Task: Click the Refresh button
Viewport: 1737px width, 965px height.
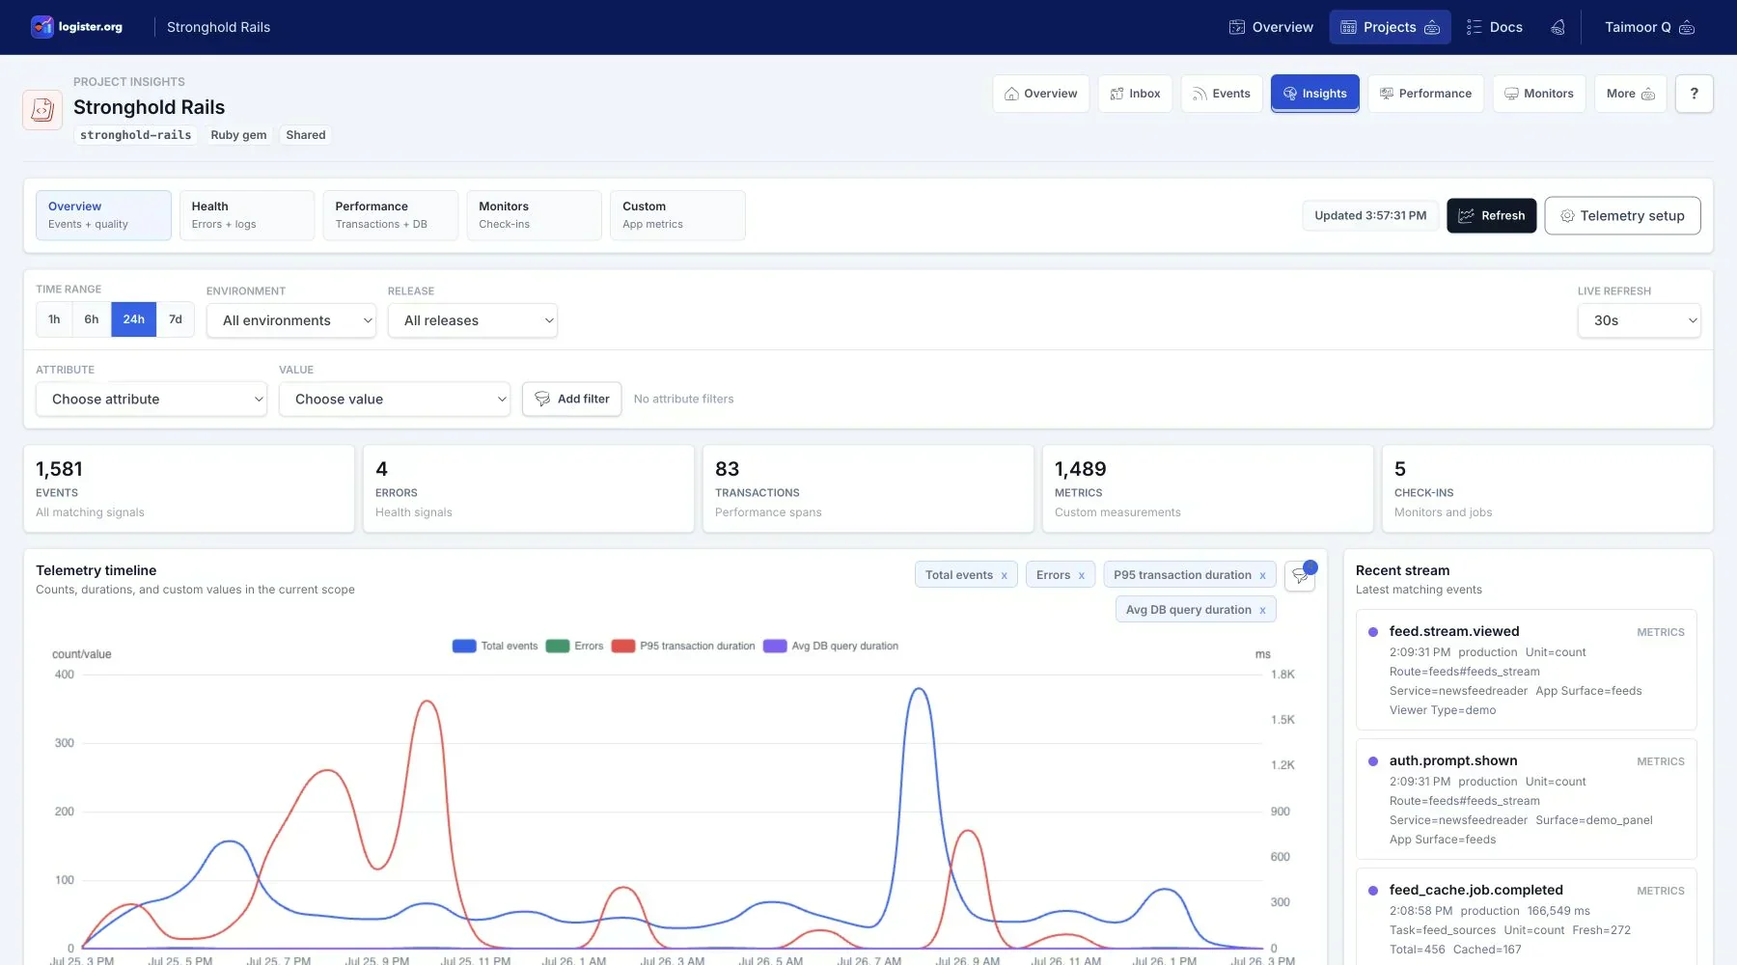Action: tap(1491, 215)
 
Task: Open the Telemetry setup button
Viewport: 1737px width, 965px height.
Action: tap(1622, 215)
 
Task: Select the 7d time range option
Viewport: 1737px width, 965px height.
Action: tap(176, 319)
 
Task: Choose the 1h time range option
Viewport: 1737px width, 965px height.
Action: tap(54, 319)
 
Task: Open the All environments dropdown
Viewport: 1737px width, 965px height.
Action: tap(290, 320)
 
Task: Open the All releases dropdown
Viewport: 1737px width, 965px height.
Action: tap(473, 320)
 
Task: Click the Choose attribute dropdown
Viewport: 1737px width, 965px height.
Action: tap(151, 400)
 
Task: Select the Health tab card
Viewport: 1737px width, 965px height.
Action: tap(247, 215)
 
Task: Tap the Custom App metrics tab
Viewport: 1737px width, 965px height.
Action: tap(677, 215)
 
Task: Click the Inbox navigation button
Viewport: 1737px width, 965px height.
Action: tap(1135, 94)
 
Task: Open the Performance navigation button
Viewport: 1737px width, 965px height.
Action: tap(1425, 94)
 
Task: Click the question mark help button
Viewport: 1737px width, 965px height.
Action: tap(1694, 94)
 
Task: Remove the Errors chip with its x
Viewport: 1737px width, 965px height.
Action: tap(1082, 576)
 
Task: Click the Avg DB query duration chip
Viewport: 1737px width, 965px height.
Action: tap(1196, 610)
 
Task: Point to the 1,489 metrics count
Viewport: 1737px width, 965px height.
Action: tap(1080, 469)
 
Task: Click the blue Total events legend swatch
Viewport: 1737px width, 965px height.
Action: tap(464, 647)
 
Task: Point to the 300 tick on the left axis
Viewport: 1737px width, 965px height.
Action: tap(65, 743)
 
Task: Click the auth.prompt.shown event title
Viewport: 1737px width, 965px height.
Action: tap(1453, 760)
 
